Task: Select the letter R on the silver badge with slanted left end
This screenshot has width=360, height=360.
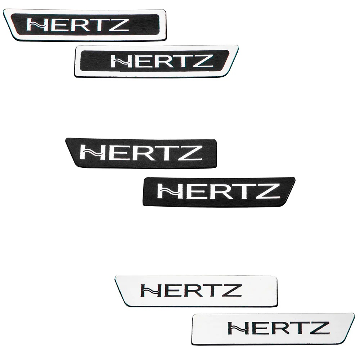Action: point(194,291)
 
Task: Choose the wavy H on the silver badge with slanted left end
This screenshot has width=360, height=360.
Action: point(151,291)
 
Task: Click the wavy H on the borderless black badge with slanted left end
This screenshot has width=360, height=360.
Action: point(91,153)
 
